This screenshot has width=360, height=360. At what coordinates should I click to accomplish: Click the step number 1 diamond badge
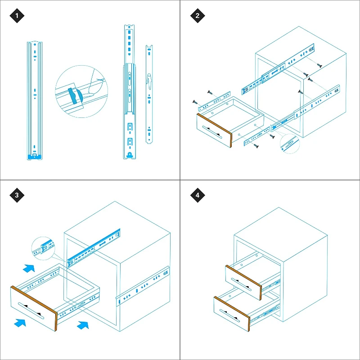pyautogui.click(x=17, y=16)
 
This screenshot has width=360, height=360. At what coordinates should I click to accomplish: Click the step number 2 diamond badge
pyautogui.click(x=198, y=16)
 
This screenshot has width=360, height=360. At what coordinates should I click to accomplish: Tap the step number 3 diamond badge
pyautogui.click(x=17, y=195)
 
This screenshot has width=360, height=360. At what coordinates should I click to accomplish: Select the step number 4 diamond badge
pyautogui.click(x=198, y=195)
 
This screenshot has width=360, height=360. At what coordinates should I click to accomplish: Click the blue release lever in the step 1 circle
pyautogui.click(x=75, y=95)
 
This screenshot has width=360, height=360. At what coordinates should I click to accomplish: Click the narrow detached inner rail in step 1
pyautogui.click(x=149, y=94)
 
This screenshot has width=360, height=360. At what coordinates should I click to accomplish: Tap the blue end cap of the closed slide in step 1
pyautogui.click(x=35, y=157)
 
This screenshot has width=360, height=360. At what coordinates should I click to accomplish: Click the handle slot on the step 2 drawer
pyautogui.click(x=212, y=132)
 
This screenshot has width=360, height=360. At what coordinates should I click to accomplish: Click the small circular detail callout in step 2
pyautogui.click(x=290, y=144)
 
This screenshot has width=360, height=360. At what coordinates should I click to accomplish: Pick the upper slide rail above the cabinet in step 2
pyautogui.click(x=278, y=69)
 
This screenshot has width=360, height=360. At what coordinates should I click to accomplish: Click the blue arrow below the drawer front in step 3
pyautogui.click(x=20, y=322)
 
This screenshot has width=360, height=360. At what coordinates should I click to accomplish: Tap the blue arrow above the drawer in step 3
pyautogui.click(x=29, y=268)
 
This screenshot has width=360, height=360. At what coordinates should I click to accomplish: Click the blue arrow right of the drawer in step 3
pyautogui.click(x=83, y=325)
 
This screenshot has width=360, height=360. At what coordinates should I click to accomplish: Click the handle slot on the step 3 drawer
pyautogui.click(x=31, y=310)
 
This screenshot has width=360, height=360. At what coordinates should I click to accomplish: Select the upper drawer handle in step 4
pyautogui.click(x=242, y=284)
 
